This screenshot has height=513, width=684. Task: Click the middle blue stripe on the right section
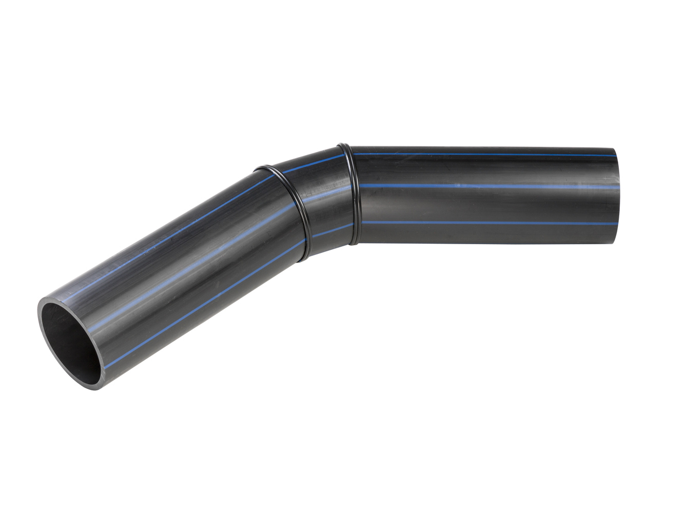487,186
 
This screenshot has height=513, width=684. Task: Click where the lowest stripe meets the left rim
105,366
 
